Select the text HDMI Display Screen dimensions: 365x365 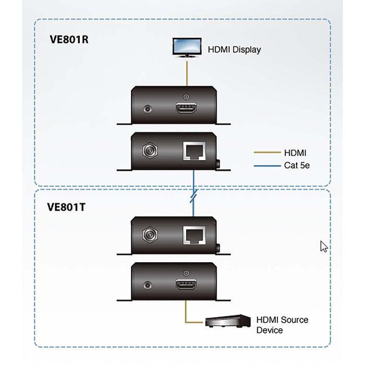[x=234, y=50]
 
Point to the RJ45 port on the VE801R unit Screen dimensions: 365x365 [x=193, y=152]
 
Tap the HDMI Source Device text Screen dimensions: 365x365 [x=282, y=324]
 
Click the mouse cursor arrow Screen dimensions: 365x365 [x=323, y=247]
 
